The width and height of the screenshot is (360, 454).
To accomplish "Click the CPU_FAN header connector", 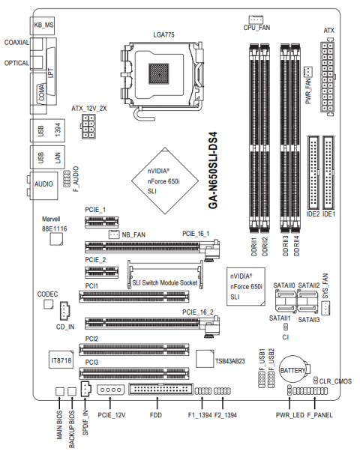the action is click(256, 19).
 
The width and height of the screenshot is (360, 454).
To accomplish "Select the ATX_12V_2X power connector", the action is click(88, 127).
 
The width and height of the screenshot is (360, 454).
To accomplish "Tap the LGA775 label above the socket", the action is click(163, 34).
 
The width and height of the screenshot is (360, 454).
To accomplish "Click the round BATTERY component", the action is click(293, 369).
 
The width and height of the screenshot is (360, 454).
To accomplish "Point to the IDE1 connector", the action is click(328, 172).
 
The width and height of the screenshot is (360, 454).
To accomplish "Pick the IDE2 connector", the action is click(313, 172).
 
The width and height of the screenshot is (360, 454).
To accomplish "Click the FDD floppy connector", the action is click(160, 389).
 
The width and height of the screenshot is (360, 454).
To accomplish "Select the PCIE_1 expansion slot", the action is click(102, 222).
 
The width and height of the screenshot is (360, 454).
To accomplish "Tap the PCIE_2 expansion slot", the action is click(102, 272).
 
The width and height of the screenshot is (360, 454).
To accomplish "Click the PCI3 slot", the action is click(134, 373).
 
